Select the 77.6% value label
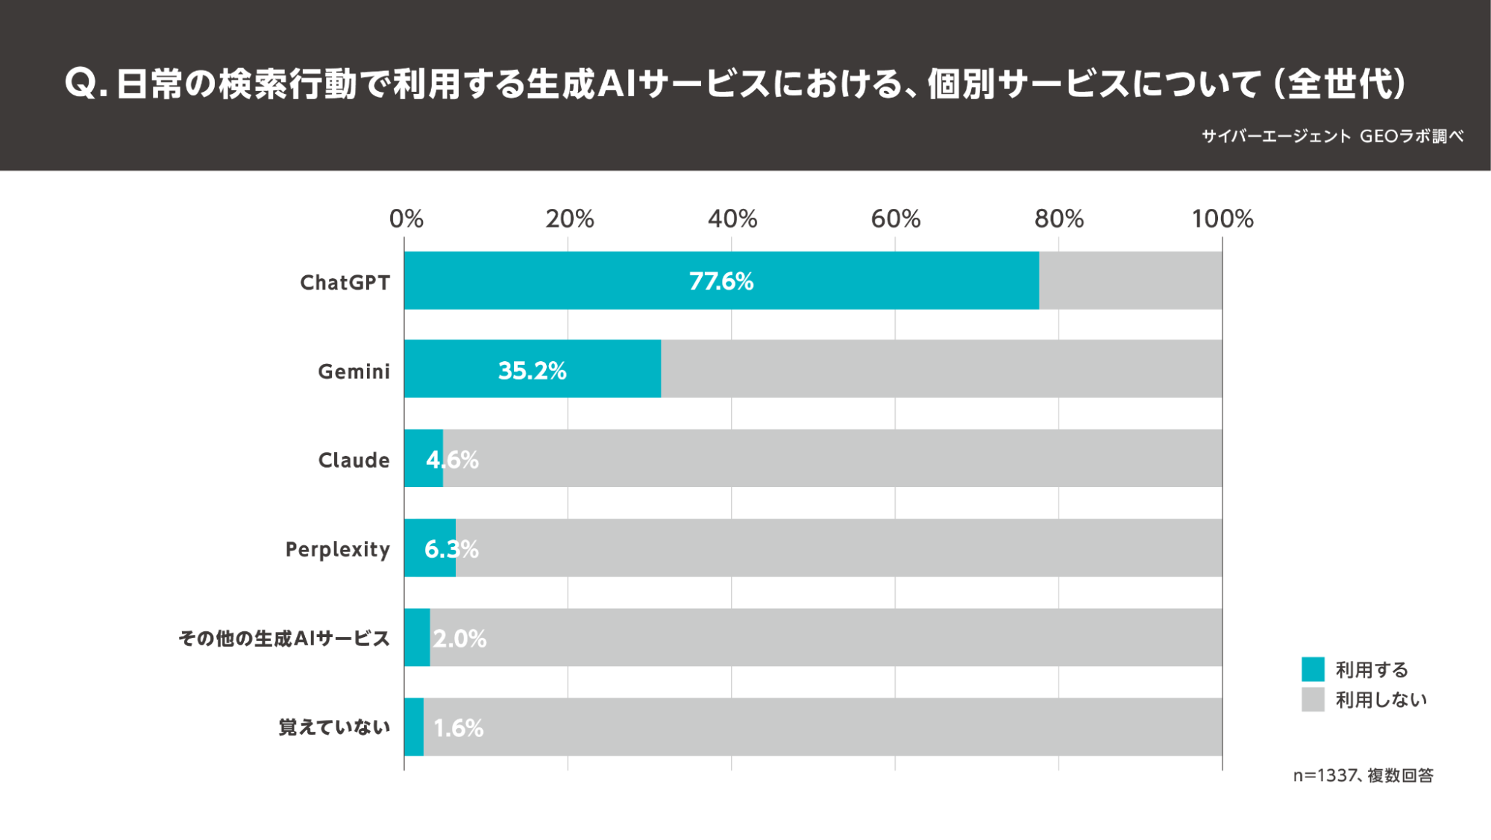coord(721,281)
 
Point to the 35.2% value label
coord(532,370)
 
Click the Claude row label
coord(354,460)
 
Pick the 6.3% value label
coord(451,549)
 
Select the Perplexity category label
coord(337,549)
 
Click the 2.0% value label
coord(459,639)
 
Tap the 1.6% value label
coord(458,728)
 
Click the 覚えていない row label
coord(334,727)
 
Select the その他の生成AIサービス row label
coord(284,639)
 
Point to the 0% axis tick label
coord(406,219)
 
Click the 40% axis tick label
coord(732,219)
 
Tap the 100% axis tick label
coord(1222,219)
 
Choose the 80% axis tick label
coord(1058,219)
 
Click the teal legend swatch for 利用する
coord(1312,669)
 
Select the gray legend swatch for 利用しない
coord(1312,700)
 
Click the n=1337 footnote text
coord(1363,776)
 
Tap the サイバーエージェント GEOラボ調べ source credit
coord(1332,136)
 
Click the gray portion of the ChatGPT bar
coord(1130,280)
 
